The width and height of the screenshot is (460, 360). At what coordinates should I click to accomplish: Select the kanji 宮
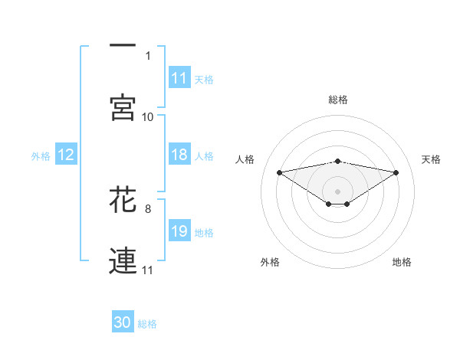point(123,108)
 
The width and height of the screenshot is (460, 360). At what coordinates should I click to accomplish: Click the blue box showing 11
point(179,78)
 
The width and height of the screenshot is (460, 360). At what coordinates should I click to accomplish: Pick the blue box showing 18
point(179,155)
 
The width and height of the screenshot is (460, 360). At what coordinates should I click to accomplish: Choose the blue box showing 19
point(179,231)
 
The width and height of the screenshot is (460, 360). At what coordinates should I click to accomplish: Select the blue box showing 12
point(66,155)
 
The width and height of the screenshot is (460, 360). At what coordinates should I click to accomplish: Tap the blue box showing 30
point(123,322)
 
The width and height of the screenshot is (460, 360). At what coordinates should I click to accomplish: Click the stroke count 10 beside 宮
point(147,116)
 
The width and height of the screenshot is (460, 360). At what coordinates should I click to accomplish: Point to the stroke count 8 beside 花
point(147,208)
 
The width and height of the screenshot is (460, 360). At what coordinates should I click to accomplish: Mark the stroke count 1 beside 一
point(147,55)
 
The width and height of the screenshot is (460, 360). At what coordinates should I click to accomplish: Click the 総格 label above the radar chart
point(338,100)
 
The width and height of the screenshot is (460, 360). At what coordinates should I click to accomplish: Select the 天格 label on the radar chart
point(432,159)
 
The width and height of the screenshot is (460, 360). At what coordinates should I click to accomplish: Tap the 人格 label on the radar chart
point(246,159)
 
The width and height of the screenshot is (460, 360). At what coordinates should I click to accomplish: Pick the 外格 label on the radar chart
point(271,262)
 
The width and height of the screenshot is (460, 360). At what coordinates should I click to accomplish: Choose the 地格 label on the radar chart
point(402,262)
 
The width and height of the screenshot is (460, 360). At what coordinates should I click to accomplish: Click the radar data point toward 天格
point(396,172)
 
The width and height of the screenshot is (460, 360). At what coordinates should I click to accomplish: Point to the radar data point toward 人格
point(279,172)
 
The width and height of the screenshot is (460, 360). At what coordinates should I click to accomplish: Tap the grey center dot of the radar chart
point(338,191)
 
